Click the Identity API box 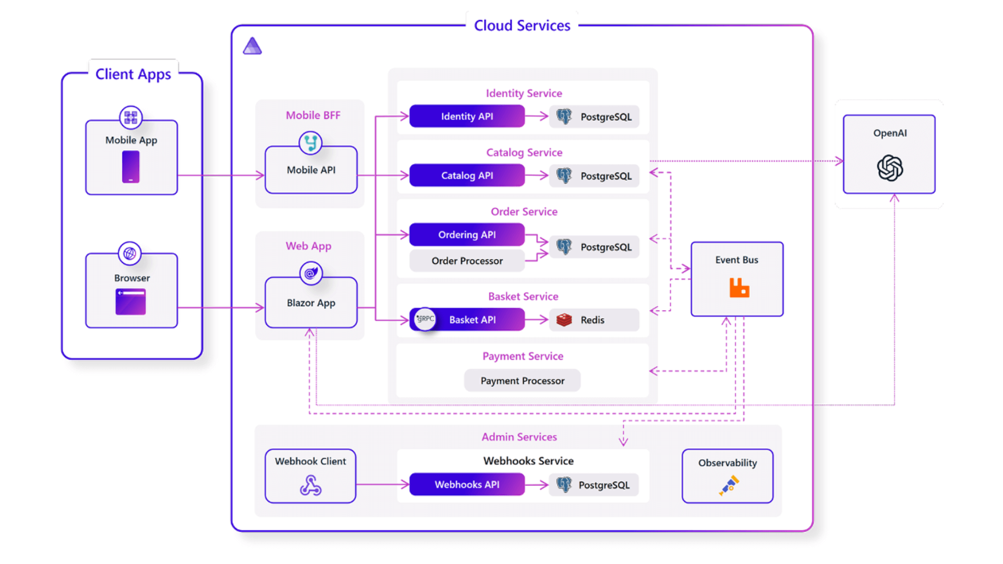[x=466, y=116]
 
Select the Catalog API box [x=466, y=175]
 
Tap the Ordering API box [x=466, y=234]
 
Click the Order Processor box [x=466, y=261]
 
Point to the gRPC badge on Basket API [x=425, y=319]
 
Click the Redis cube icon [x=564, y=320]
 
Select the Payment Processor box [x=522, y=381]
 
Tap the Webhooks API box [x=466, y=485]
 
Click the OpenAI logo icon [x=890, y=168]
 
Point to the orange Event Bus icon [x=739, y=288]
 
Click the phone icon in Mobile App [x=131, y=167]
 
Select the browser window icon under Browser [x=131, y=302]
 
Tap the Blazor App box [x=311, y=303]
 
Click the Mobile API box [x=311, y=170]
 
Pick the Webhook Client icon [x=310, y=485]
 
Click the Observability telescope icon [x=729, y=485]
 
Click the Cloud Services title [x=522, y=26]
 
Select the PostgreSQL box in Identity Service [x=594, y=117]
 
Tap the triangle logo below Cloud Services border [x=252, y=46]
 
